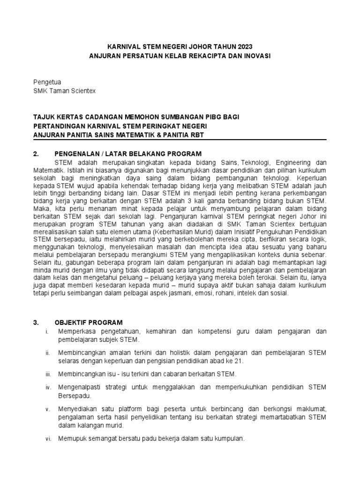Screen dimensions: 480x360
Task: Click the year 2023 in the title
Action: (x=244, y=46)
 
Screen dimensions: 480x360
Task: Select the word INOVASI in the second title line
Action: (x=254, y=55)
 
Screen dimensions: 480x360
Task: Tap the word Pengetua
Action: (x=48, y=82)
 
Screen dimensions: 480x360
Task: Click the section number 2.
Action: (x=36, y=154)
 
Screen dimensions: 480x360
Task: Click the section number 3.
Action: (x=36, y=322)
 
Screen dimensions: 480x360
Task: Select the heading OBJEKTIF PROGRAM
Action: (x=89, y=322)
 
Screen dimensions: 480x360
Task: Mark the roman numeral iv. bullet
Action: (x=48, y=387)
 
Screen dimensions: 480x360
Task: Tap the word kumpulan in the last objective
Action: (x=229, y=438)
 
